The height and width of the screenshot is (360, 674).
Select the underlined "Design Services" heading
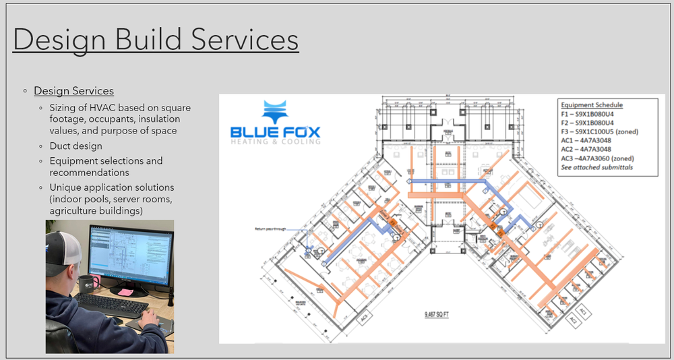coord(73,91)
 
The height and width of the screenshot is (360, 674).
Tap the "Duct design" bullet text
coord(75,146)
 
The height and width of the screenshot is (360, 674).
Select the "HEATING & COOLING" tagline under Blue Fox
coord(276,142)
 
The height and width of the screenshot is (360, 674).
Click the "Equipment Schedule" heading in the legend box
coord(592,105)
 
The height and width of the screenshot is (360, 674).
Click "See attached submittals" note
coord(597,167)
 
